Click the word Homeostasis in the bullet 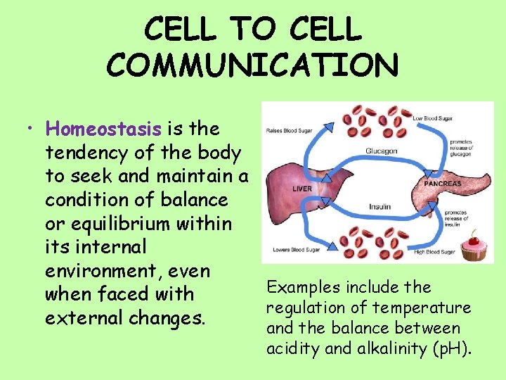(104, 129)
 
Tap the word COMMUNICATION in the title (252, 65)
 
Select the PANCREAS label (442, 183)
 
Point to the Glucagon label (382, 150)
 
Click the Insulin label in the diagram (379, 207)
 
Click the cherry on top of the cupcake (472, 234)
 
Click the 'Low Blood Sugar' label (432, 118)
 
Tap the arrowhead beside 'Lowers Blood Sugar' (325, 248)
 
